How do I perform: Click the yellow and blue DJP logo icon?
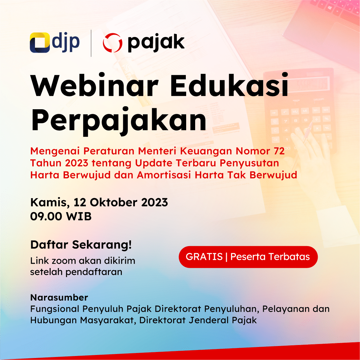pos(40,43)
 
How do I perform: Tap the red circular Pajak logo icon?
pos(113,43)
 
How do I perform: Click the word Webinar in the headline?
pos(94,85)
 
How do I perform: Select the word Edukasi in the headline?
pos(229,85)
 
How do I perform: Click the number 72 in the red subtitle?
pos(279,151)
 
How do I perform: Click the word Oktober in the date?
pos(114,202)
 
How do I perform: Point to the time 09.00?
pos(46,216)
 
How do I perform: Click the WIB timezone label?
pos(79,216)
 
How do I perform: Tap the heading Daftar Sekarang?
pos(81,245)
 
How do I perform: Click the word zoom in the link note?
pos(64,261)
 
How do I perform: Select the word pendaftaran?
pos(94,272)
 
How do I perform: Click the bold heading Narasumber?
pos(59,297)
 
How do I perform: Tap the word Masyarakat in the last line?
pos(107,320)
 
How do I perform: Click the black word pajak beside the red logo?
pos(156,43)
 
